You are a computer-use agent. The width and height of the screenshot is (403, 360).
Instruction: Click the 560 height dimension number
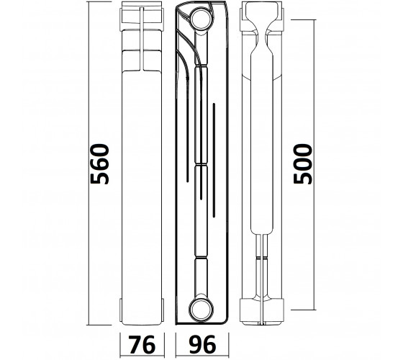[x=100, y=164]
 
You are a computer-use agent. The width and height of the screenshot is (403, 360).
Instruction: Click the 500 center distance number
[x=303, y=164]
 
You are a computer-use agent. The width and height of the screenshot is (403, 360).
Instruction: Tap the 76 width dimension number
[x=142, y=345]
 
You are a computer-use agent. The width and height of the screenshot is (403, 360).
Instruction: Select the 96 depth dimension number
[x=202, y=345]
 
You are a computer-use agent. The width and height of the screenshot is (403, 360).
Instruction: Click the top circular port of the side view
[x=201, y=19]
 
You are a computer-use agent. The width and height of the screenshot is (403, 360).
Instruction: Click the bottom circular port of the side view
[x=201, y=309]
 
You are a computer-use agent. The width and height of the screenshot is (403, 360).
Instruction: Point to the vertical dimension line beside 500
[x=314, y=165]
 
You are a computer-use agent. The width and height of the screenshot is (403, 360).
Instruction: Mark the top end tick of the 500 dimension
[x=303, y=20]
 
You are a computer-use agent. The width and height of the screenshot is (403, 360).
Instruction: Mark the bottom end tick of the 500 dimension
[x=303, y=310]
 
